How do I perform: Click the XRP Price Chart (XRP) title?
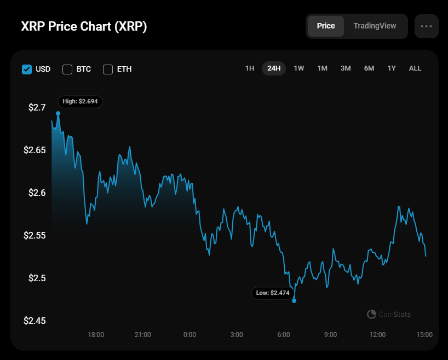[x=84, y=27]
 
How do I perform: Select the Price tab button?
[x=326, y=26]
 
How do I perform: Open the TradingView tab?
[x=375, y=26]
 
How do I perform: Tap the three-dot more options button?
[x=427, y=26]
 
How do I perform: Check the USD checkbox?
[x=27, y=69]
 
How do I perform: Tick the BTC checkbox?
[x=67, y=69]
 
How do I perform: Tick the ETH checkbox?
[x=108, y=69]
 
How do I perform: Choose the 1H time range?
[x=250, y=68]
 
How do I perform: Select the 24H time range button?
[x=274, y=68]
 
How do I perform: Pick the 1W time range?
[x=298, y=68]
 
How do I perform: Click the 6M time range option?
[x=369, y=68]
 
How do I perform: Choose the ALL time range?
[x=415, y=68]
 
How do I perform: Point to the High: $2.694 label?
[x=80, y=101]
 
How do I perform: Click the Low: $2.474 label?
[x=272, y=293]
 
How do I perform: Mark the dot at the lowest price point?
[x=294, y=300]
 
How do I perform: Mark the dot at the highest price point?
[x=58, y=113]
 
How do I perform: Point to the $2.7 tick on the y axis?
[x=37, y=107]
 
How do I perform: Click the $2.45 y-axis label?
[x=35, y=321]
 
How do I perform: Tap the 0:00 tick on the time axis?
[x=189, y=335]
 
